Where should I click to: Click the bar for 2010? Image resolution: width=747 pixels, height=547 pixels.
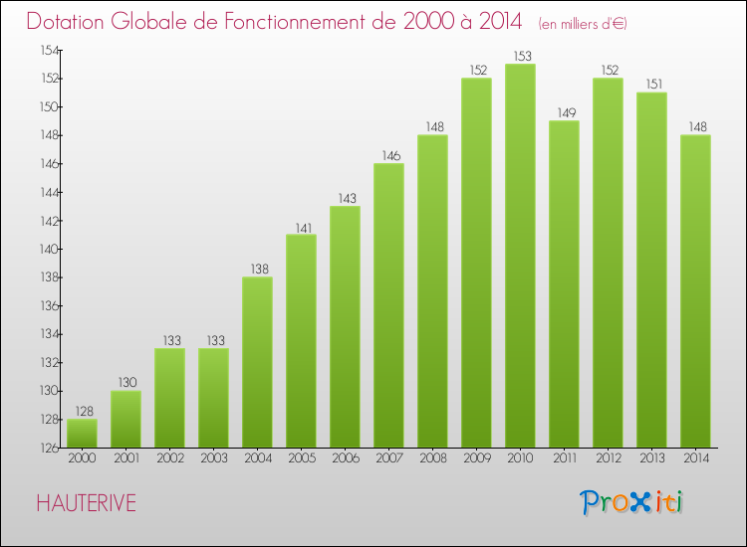click(x=520, y=256)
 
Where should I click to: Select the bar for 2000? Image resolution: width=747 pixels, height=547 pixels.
click(x=82, y=433)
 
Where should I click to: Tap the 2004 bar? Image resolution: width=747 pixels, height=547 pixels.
click(x=257, y=362)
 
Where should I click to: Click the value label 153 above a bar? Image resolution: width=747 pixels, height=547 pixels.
click(x=520, y=57)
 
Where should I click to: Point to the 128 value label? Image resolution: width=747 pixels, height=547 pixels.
click(x=82, y=412)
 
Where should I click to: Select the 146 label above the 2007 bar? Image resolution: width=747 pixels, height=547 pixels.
click(x=388, y=156)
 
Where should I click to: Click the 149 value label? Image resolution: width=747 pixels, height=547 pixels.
click(x=564, y=113)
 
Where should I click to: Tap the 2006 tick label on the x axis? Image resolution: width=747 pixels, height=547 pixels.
click(x=345, y=457)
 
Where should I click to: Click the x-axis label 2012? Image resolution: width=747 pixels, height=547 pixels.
click(x=608, y=457)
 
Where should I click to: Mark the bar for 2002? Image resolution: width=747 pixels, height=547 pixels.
click(x=169, y=398)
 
